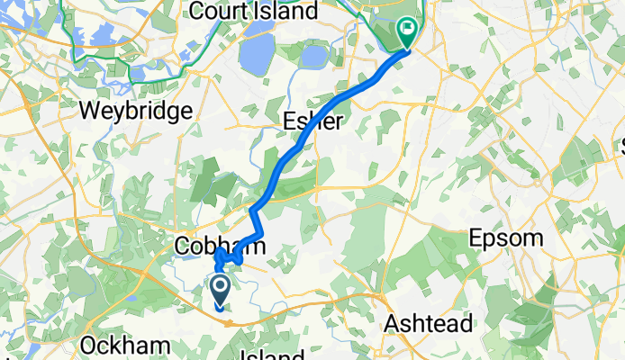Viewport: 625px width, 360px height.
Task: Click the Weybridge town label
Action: [137, 112]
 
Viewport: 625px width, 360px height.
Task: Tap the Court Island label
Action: [253, 12]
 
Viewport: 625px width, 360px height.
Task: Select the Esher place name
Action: [312, 121]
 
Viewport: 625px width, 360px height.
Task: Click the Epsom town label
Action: [506, 239]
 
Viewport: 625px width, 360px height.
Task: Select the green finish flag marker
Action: [407, 35]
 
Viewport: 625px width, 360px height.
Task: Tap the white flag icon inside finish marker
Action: [408, 30]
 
